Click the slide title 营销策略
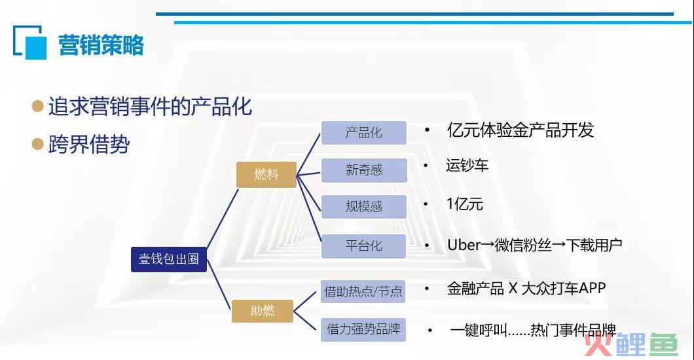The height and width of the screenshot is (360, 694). point(101,45)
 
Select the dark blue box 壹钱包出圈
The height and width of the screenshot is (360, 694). point(169,259)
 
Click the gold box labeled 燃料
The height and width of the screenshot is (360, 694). point(266,174)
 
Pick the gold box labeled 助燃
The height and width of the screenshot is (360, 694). point(263,311)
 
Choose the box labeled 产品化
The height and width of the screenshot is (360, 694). point(364,133)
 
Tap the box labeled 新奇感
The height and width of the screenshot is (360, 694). point(364,170)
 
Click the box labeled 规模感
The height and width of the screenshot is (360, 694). point(364,207)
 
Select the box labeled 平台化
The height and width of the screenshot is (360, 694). point(363,246)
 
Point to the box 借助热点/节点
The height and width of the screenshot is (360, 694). point(363,291)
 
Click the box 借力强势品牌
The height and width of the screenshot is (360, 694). point(363,329)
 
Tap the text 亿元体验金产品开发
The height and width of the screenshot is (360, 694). point(520,130)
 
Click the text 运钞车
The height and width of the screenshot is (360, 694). point(467,166)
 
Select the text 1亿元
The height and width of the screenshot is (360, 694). point(465,204)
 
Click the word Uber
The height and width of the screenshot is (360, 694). point(464,245)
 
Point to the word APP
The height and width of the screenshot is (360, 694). point(592,289)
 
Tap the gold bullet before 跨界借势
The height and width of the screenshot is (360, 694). point(37,144)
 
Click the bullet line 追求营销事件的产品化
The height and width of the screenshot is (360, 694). point(150,107)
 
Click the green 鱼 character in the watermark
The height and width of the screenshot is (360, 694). point(664,344)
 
